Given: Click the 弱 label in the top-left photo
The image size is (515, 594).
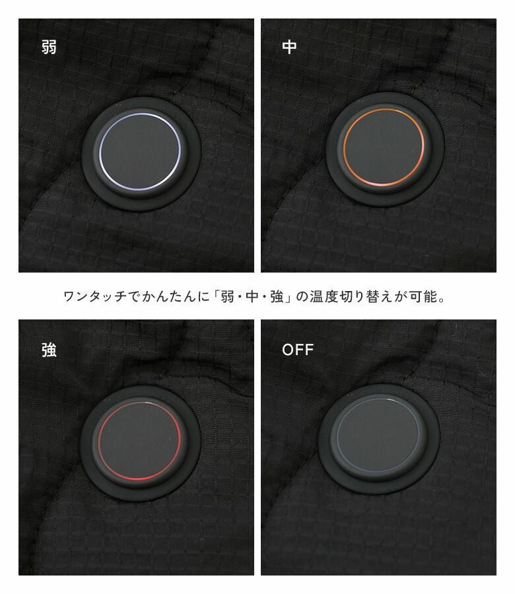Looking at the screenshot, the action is tap(49, 47).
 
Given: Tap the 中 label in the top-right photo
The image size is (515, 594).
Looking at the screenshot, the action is tap(289, 47).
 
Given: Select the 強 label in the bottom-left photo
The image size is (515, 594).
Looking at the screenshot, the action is tap(50, 350).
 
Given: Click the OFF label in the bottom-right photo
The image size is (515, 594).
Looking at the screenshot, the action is tap(298, 350).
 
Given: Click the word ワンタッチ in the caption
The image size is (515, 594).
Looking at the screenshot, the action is tap(94, 296).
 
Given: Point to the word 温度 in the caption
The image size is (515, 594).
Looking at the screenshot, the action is tap(324, 296).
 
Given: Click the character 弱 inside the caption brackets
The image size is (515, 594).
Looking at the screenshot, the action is tap(227, 296).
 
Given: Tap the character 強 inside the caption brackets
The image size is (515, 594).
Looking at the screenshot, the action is tap(277, 296).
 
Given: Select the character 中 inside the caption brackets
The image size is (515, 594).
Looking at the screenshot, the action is tap(252, 296).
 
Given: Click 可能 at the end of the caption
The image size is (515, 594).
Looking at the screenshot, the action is tap(423, 296).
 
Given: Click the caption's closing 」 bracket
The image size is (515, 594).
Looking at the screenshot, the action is tap(289, 297).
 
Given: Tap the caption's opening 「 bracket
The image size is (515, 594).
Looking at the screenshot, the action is tap(216, 295).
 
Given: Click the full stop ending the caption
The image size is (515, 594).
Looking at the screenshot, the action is tap(442, 300).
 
